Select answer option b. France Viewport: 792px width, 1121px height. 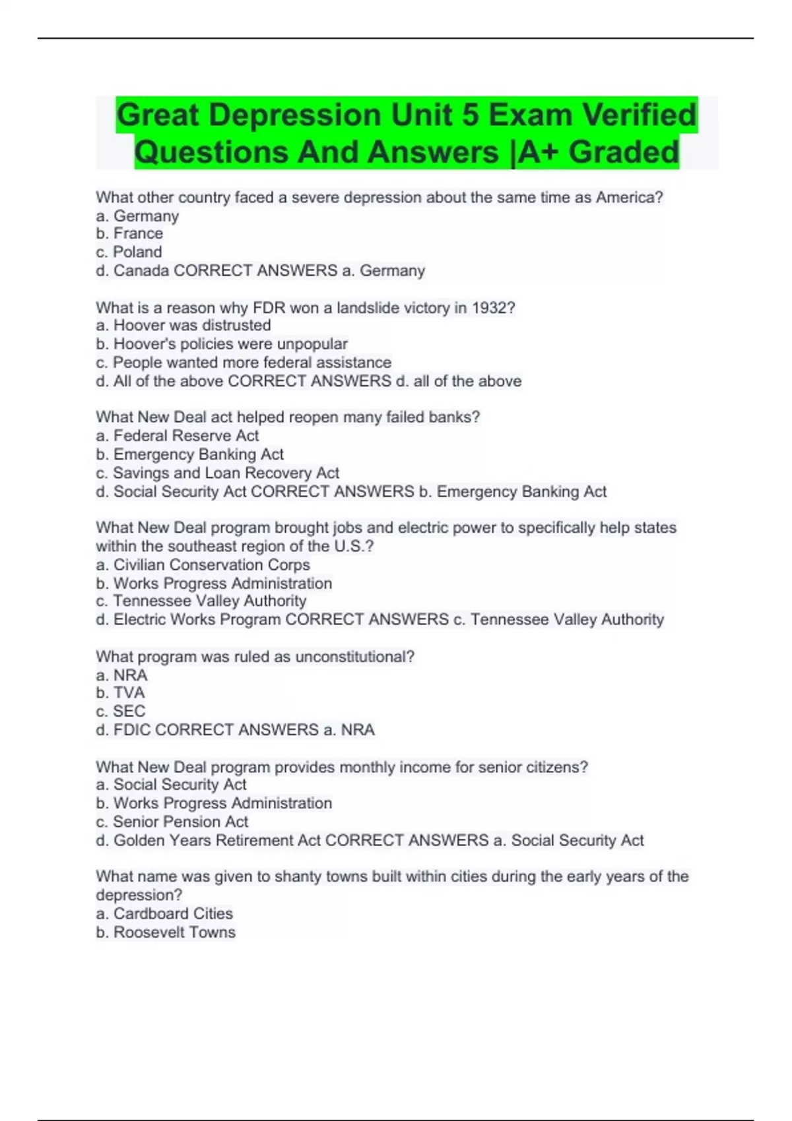(129, 233)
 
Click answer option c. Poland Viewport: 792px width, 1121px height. (129, 252)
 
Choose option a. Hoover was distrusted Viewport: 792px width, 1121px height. (183, 325)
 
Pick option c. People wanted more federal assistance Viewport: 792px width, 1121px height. (244, 363)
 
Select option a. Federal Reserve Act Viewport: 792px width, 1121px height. (178, 436)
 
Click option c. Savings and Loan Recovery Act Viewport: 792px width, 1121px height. (217, 473)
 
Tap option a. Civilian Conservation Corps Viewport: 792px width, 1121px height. (203, 565)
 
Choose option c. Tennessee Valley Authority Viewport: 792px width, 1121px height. (201, 601)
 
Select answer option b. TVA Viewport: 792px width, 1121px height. (120, 693)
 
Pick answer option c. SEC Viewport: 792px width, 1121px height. (121, 712)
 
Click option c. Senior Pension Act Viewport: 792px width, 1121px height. (172, 822)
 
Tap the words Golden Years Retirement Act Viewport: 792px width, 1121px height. (217, 841)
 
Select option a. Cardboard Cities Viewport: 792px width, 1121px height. (164, 914)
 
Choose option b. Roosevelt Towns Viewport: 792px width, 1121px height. (166, 932)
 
